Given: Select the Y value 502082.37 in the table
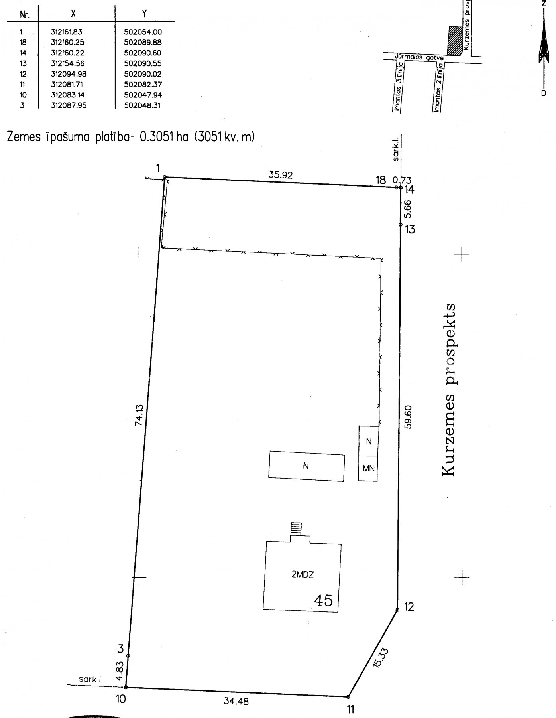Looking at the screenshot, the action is click(143, 85).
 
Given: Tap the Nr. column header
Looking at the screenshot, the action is click(25, 14).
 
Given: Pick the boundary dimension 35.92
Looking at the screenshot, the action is click(281, 175).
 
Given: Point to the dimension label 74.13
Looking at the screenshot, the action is click(139, 415).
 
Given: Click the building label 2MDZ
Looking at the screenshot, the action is click(303, 575).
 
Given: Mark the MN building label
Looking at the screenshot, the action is click(369, 468).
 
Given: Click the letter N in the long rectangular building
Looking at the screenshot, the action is click(306, 466).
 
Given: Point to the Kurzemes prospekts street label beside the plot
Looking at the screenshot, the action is click(449, 390).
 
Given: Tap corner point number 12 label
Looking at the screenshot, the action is click(409, 607).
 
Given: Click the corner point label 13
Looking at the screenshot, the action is click(410, 229).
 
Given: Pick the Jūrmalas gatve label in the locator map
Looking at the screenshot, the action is click(419, 57).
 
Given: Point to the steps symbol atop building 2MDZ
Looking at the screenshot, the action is click(297, 529).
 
